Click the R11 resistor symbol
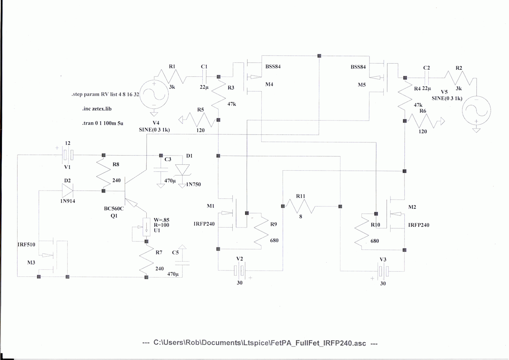click(300, 206)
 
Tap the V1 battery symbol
click(67, 154)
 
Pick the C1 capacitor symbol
click(204, 76)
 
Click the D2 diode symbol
click(68, 191)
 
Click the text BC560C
click(114, 208)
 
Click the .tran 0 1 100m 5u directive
click(99, 124)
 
